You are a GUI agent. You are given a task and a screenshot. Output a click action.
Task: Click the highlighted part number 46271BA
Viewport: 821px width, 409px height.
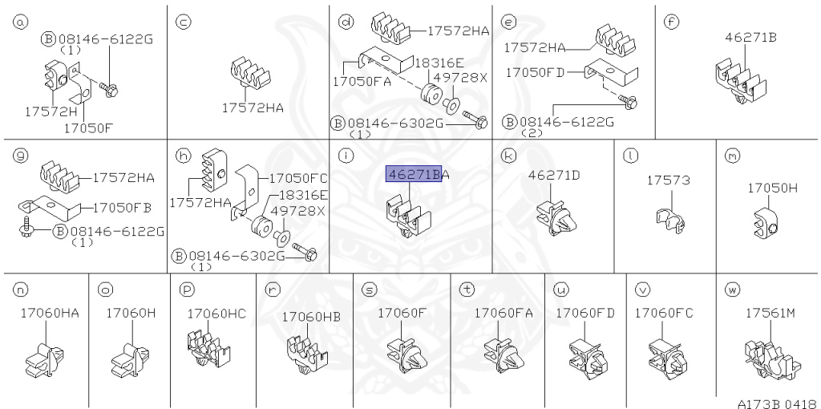tap(418, 174)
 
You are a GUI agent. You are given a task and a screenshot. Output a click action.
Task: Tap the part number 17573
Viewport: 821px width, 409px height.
tap(668, 180)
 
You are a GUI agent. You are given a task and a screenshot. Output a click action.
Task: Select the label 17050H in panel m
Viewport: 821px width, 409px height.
tap(772, 188)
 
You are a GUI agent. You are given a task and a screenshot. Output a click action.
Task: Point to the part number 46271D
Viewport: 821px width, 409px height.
tap(554, 175)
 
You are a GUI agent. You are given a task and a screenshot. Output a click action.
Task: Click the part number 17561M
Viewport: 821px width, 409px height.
tap(770, 313)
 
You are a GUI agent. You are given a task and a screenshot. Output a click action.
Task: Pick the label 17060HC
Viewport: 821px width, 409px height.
tap(216, 314)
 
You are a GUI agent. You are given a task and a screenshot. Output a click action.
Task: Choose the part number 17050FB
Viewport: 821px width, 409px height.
tap(122, 208)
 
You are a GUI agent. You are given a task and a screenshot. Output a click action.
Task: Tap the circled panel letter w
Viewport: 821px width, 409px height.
tap(732, 289)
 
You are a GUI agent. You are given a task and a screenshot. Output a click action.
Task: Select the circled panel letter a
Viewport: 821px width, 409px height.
tap(20, 22)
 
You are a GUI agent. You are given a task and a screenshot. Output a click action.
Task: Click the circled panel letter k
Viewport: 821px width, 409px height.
tap(508, 155)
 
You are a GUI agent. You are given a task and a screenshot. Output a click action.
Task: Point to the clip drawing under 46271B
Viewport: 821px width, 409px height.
tap(740, 82)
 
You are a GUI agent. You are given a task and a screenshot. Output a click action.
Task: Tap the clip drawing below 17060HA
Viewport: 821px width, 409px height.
tap(45, 359)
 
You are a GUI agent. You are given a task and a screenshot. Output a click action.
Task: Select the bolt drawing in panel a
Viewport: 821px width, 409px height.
tap(108, 89)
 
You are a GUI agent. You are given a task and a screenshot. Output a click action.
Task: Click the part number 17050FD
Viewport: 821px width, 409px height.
tap(535, 72)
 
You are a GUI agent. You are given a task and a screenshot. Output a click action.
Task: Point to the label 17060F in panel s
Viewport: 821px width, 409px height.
tap(402, 313)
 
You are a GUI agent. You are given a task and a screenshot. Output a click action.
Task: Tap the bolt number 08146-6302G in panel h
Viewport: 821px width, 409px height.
tap(237, 256)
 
